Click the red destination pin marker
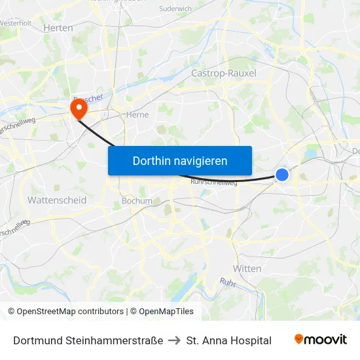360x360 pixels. [78, 108]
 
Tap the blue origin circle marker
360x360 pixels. [282, 174]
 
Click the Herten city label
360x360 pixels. [58, 27]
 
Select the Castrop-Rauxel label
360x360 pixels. [223, 73]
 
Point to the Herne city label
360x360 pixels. [137, 115]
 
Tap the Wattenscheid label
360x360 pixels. [57, 200]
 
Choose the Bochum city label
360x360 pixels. [137, 201]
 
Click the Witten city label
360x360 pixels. [247, 268]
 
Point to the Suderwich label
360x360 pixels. [175, 9]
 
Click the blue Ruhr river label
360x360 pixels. [227, 283]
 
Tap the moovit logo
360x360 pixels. [321, 340]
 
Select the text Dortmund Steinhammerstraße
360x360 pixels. [88, 340]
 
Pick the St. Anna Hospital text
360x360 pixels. [228, 340]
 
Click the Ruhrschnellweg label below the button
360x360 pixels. [213, 183]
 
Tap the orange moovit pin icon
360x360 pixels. [299, 339]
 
